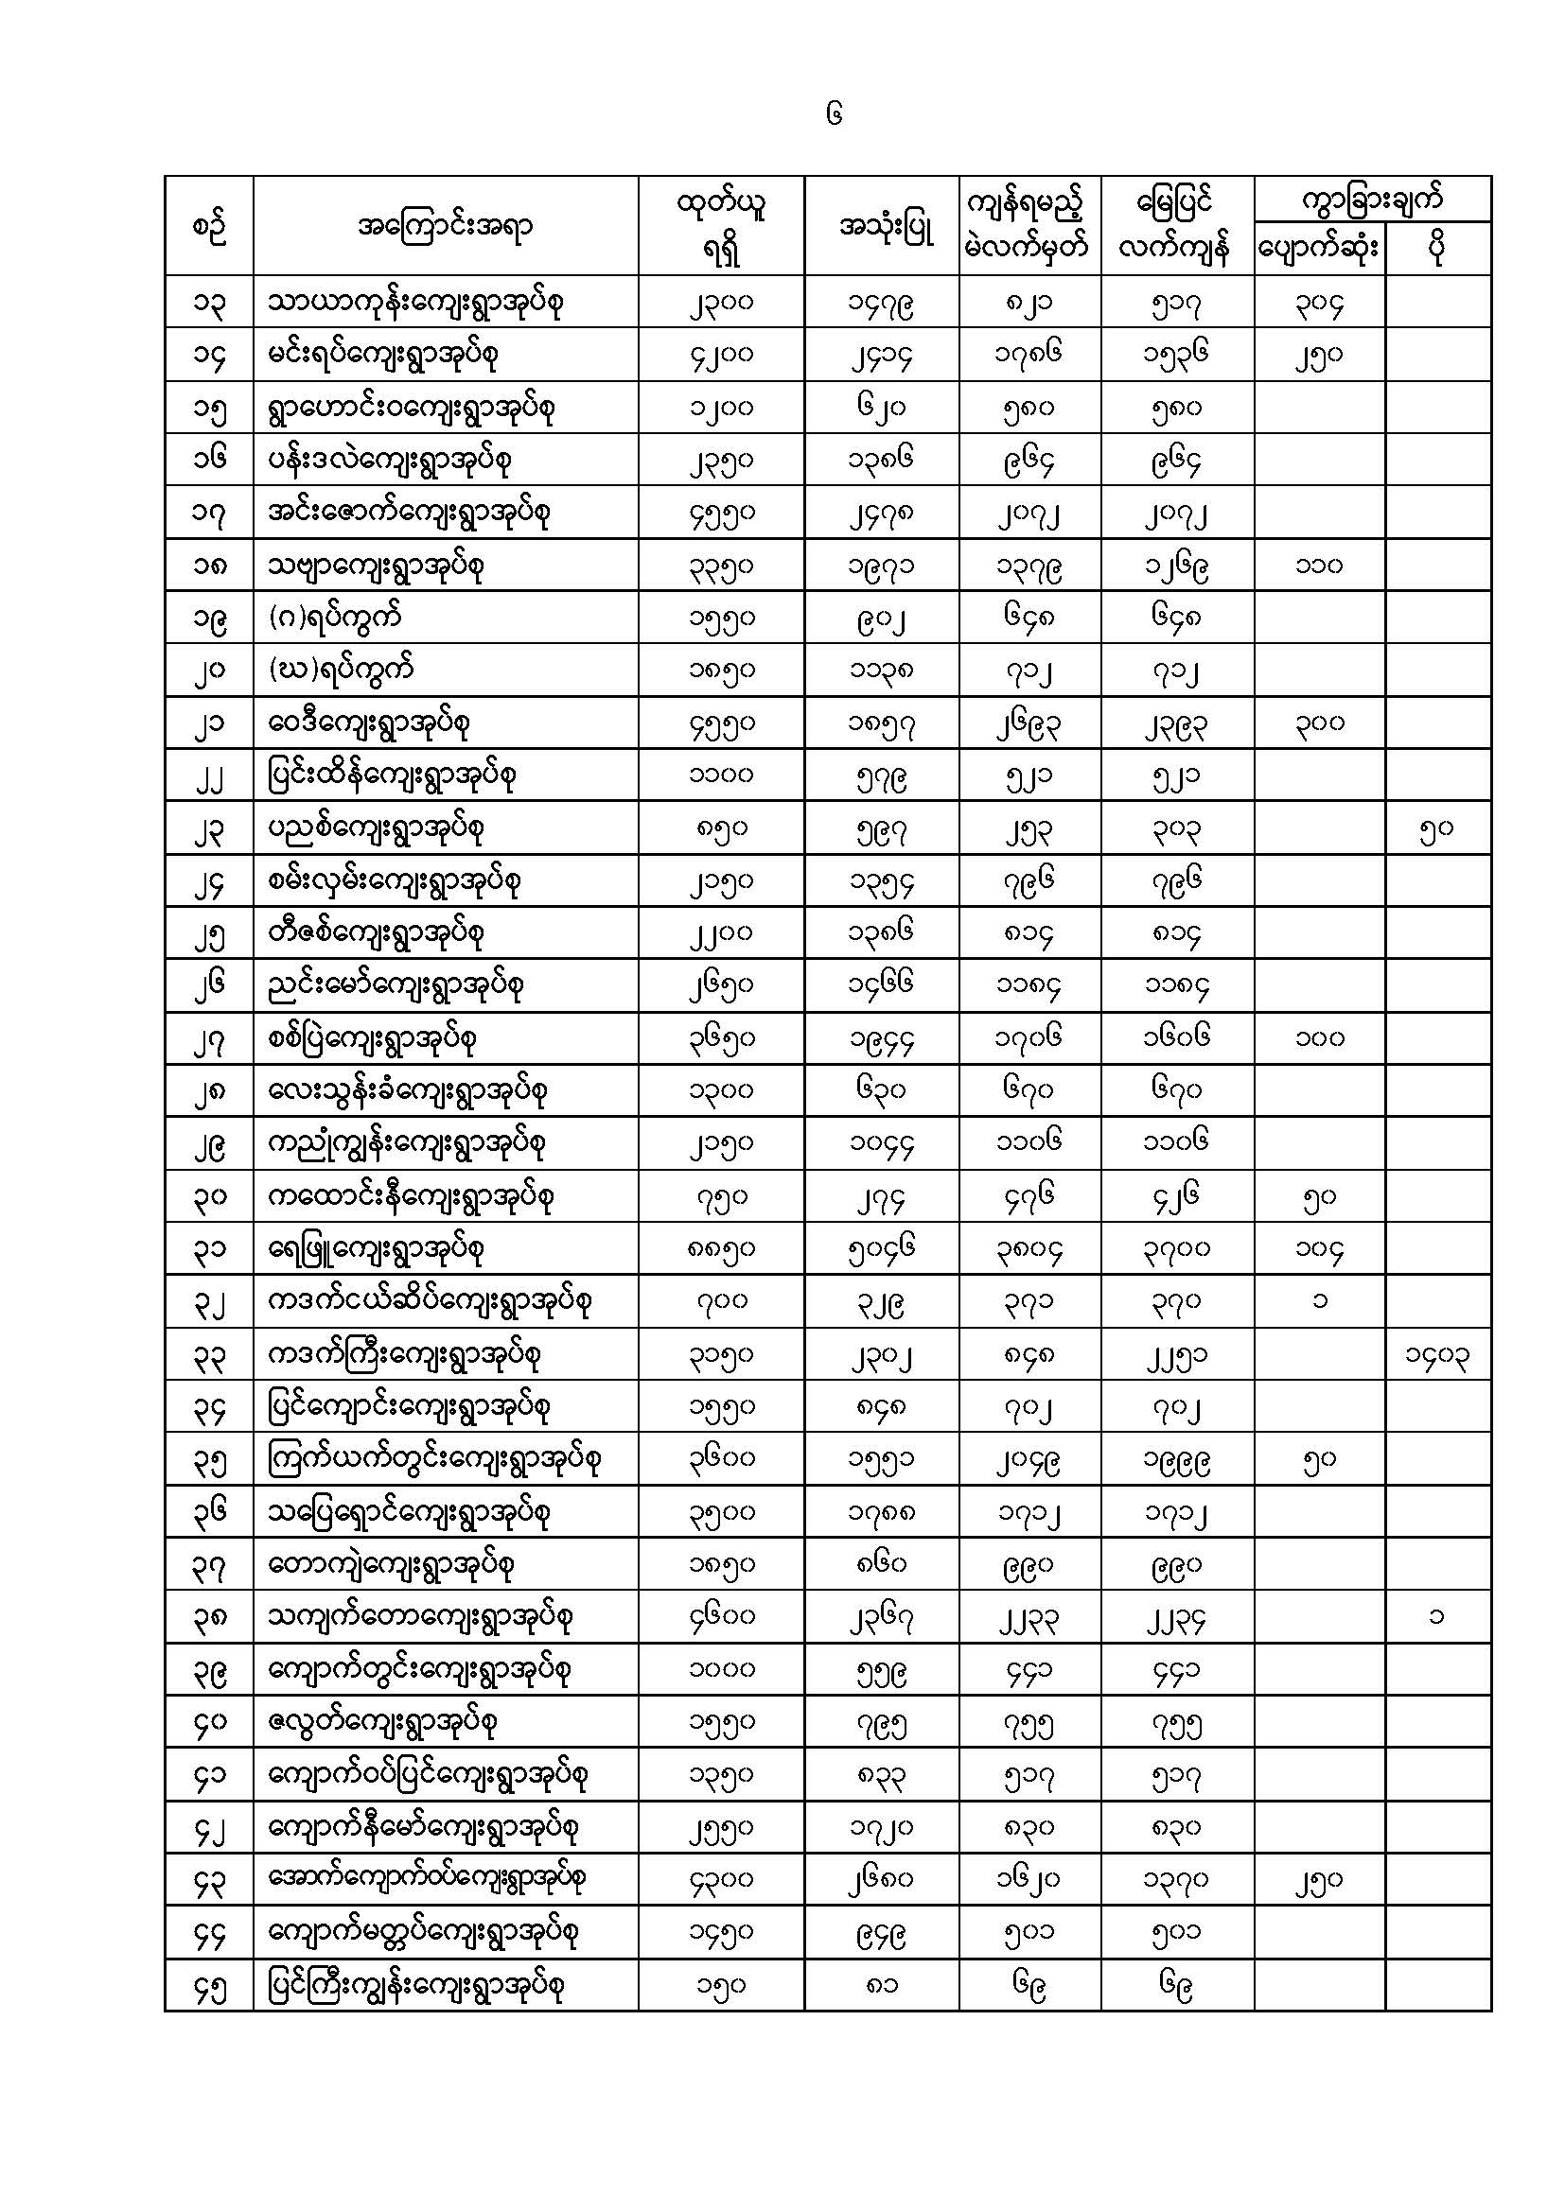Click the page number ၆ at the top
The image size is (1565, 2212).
[834, 114]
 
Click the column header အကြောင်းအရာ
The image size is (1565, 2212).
[445, 227]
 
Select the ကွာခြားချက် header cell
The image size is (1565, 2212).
[1371, 200]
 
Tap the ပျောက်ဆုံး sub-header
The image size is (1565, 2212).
[1318, 250]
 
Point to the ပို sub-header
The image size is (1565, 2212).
[1437, 250]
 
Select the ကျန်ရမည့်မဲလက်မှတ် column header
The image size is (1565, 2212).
[1029, 226]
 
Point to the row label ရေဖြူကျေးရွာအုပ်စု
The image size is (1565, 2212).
[375, 1249]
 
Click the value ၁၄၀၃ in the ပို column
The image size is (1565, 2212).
[1437, 1355]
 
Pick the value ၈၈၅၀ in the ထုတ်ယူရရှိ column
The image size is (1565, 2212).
[722, 1249]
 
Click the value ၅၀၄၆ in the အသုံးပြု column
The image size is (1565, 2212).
[881, 1249]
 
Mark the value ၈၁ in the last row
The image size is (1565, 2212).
[881, 1986]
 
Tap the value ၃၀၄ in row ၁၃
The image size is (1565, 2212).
[1318, 303]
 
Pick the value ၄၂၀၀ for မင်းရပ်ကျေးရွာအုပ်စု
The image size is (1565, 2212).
[722, 355]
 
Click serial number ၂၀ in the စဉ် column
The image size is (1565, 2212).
[209, 671]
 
